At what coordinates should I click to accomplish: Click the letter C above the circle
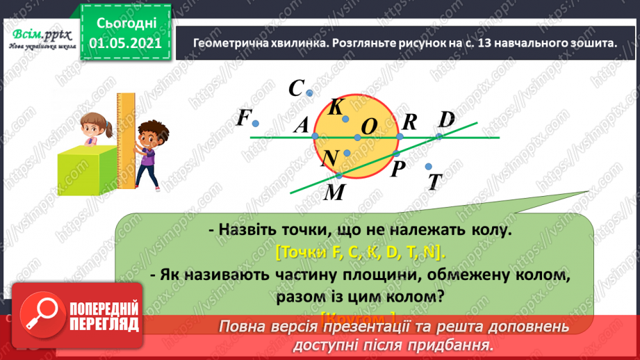coord(297,89)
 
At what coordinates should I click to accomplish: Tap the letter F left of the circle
coord(243,119)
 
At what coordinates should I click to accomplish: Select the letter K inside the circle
coord(336,107)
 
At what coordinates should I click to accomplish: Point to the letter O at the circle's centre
coord(369,126)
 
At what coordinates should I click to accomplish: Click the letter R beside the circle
coord(409,122)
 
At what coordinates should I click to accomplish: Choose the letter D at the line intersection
coord(446,120)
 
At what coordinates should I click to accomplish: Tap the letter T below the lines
coord(436,182)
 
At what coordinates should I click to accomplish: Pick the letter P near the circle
coord(397,169)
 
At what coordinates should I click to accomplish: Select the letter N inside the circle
coord(330,159)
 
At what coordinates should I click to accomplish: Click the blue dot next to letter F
coord(256,124)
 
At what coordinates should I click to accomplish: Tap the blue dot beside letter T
coord(429,166)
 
